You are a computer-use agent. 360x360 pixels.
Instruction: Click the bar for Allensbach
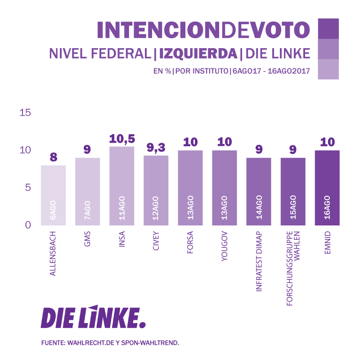tap(53, 195)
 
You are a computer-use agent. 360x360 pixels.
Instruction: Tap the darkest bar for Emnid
tap(327, 188)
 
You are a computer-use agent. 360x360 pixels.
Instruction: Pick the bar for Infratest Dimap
tap(259, 191)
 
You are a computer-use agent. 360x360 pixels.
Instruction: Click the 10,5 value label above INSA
tap(122, 139)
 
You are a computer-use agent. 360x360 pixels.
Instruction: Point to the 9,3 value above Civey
tap(156, 148)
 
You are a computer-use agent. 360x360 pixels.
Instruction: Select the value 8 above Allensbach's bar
tap(54, 157)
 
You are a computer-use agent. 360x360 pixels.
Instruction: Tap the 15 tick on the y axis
tap(25, 112)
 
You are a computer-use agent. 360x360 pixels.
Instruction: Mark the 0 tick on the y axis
tap(27, 225)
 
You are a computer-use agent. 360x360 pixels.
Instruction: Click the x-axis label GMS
tap(87, 243)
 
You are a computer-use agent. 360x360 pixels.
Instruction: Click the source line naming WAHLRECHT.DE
tap(110, 343)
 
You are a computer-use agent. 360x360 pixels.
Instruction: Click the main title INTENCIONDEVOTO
tap(203, 30)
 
